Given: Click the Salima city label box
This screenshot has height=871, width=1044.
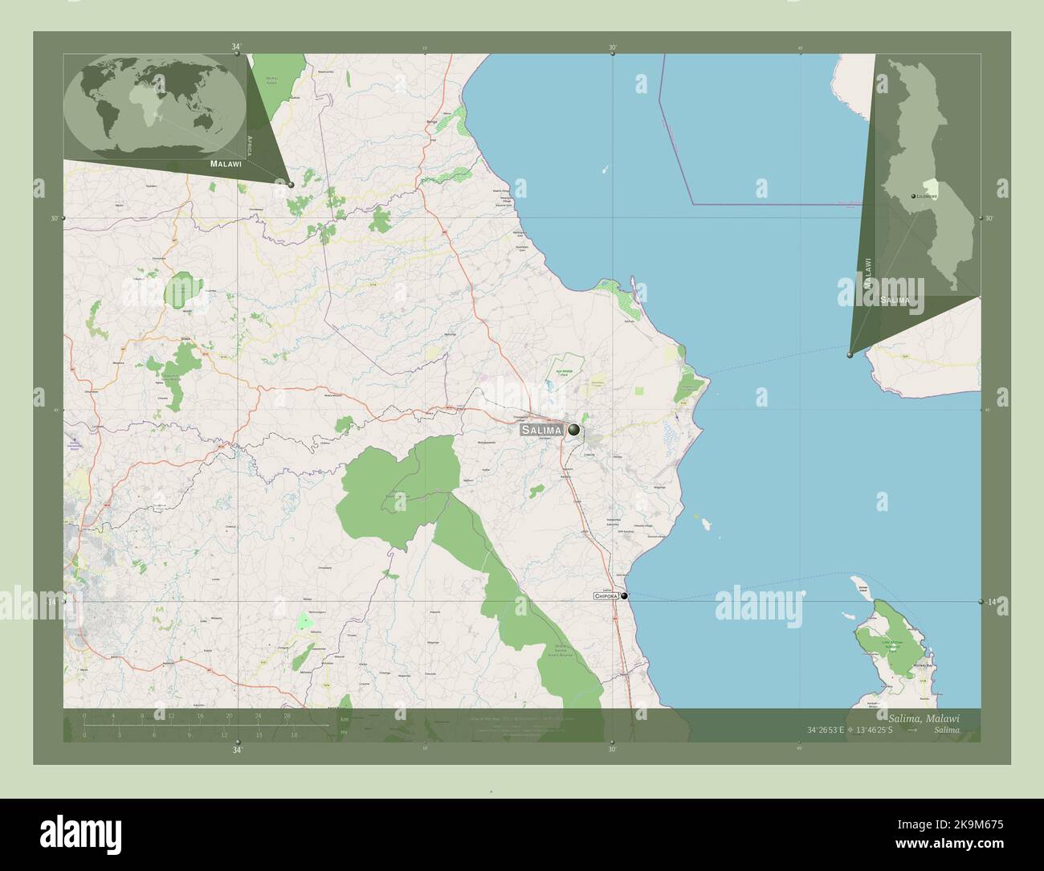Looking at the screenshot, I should (x=541, y=431).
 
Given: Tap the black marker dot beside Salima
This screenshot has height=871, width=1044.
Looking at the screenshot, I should (x=573, y=430).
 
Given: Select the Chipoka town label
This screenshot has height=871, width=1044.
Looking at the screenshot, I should (x=606, y=596).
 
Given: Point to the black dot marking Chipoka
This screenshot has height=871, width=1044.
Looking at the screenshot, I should (x=624, y=595).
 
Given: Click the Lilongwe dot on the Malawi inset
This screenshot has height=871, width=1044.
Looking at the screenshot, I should (x=914, y=196).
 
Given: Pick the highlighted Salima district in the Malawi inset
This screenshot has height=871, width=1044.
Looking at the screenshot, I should (x=932, y=186).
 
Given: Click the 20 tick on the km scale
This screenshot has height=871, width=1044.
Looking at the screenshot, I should (x=229, y=715).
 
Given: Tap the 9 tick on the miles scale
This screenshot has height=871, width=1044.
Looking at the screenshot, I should (x=190, y=734).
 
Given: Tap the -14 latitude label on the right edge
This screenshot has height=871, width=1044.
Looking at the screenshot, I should (x=991, y=602).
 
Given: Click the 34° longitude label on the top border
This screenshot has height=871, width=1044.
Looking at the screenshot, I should (x=236, y=47).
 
